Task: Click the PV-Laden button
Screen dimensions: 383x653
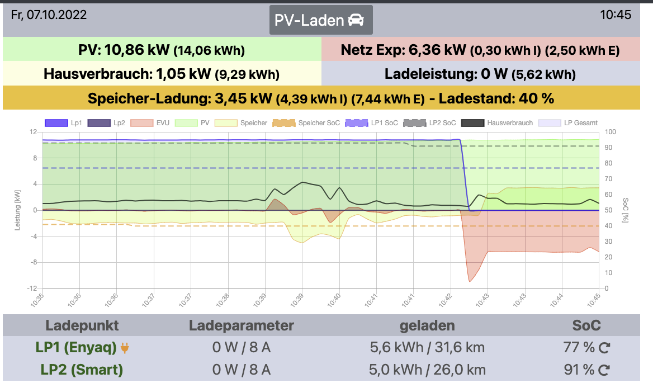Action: [320, 21]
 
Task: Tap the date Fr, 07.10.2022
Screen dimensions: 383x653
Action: [49, 15]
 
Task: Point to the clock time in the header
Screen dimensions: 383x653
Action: [616, 15]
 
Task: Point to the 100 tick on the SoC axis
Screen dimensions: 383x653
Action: [610, 132]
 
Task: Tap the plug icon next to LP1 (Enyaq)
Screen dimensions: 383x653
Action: [125, 348]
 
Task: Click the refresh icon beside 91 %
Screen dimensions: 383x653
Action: [604, 370]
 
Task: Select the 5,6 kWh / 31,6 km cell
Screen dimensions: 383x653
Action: [427, 347]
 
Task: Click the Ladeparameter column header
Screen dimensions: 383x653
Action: [241, 325]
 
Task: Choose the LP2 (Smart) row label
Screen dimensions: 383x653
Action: [82, 370]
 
